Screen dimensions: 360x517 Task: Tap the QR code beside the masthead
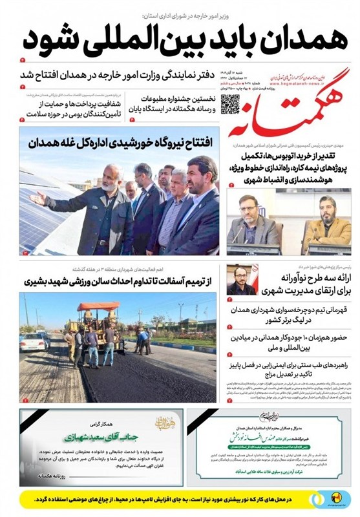point(231,104)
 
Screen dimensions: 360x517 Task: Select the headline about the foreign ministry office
point(187,77)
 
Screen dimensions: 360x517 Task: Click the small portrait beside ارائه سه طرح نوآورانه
point(241,280)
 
